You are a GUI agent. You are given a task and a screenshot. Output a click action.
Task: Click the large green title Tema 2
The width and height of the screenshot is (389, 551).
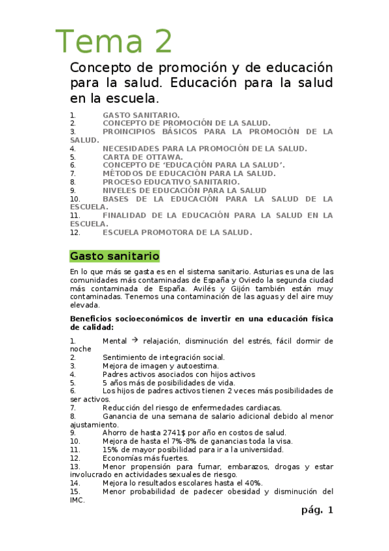coord(114,41)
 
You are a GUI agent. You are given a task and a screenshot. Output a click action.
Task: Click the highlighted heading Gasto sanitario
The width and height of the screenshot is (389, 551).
coord(114,255)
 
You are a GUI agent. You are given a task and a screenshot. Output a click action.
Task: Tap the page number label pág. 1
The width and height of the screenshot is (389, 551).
coord(317,510)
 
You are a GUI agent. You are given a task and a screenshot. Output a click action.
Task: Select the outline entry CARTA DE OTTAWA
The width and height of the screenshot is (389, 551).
coord(142,157)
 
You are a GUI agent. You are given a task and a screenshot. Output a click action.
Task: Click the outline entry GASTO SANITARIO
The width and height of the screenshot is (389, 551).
coord(141,114)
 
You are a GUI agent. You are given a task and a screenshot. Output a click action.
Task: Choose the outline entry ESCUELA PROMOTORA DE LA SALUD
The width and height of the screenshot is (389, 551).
coord(177,232)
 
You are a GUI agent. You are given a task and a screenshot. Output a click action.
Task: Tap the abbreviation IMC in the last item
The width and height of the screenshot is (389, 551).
coord(77,500)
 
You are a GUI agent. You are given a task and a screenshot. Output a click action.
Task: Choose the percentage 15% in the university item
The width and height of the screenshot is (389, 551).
coord(110,450)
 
